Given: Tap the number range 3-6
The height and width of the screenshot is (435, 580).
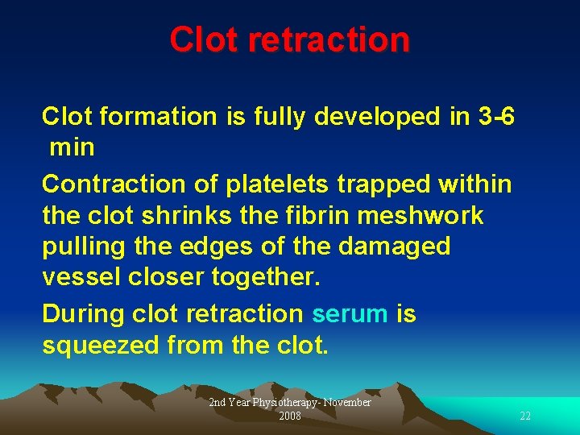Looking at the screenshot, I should (496, 117).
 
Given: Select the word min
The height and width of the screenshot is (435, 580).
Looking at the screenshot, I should (72, 147).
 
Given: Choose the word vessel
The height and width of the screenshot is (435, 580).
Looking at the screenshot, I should (80, 277).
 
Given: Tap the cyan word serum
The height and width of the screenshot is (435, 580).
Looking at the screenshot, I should (350, 314).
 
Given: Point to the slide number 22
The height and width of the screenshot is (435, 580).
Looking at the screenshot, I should (525, 416).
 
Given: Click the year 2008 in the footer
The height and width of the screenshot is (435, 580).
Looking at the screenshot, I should (290, 416).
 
